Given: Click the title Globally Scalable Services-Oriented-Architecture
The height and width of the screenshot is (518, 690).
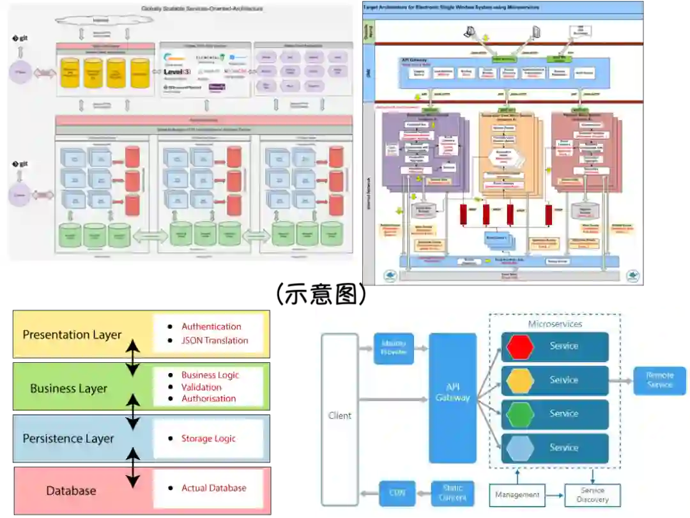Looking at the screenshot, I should tap(202, 8).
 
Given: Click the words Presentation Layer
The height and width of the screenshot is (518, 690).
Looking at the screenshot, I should tap(72, 335).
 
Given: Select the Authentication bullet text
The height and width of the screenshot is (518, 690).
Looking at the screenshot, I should tap(211, 326).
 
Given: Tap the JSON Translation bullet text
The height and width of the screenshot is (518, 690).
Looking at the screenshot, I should tap(215, 340).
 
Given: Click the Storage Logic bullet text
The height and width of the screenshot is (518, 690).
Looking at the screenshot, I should tap(208, 438).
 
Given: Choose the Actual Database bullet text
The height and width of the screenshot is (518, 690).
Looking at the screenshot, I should tap(213, 488).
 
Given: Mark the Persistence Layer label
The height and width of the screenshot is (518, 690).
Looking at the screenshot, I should tap(68, 439).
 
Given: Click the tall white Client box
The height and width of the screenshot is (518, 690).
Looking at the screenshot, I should tap(339, 415).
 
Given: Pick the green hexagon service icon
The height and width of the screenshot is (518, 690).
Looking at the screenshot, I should tap(520, 414).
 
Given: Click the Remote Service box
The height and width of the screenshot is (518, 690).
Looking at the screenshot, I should tap(659, 381).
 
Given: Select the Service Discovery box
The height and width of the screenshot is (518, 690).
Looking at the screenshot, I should tap(592, 495).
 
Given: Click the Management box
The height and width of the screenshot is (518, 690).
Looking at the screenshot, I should tap(517, 494).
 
